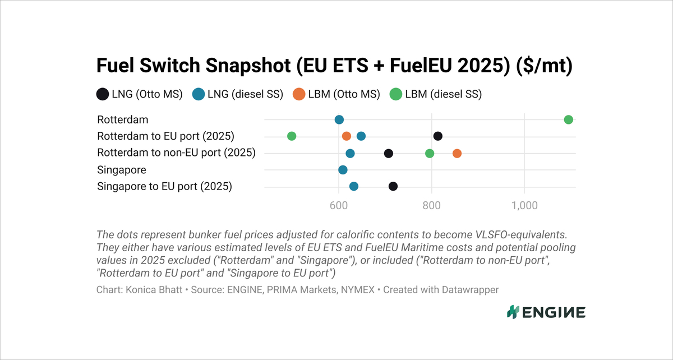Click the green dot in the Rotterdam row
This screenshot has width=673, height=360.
[x=568, y=119]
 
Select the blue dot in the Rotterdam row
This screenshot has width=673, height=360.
[x=339, y=119]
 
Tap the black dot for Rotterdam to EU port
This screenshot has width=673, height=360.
[x=438, y=136]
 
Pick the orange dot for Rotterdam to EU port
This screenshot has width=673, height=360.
[x=347, y=136]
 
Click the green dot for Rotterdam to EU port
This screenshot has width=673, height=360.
[x=292, y=136]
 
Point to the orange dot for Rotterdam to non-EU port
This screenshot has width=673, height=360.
[x=457, y=154]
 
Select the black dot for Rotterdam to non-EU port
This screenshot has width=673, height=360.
[x=388, y=154]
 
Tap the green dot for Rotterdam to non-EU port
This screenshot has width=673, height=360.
[x=430, y=154]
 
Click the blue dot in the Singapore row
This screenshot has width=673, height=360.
[x=343, y=170]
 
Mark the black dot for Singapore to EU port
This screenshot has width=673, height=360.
[x=393, y=187]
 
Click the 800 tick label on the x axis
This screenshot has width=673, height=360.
[x=431, y=206]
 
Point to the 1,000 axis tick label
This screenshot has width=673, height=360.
[x=524, y=206]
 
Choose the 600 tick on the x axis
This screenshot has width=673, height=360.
[x=338, y=206]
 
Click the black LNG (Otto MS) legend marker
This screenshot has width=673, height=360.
[x=102, y=94]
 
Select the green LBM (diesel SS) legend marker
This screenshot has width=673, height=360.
[x=396, y=94]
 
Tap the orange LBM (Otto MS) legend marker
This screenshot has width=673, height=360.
[x=299, y=94]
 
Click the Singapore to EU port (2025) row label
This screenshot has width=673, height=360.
[x=164, y=187]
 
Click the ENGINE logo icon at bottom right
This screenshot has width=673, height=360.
[x=512, y=312]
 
